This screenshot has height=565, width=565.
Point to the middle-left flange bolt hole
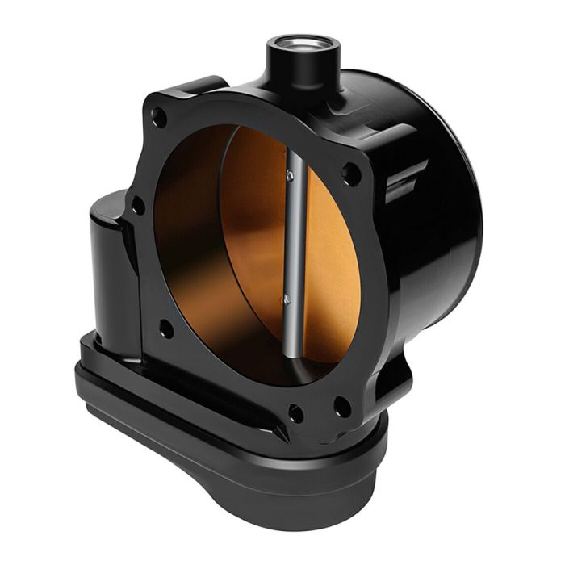[x=139, y=207]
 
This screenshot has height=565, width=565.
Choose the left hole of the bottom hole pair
[x=296, y=413]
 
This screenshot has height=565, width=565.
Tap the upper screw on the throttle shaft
[x=290, y=174]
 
